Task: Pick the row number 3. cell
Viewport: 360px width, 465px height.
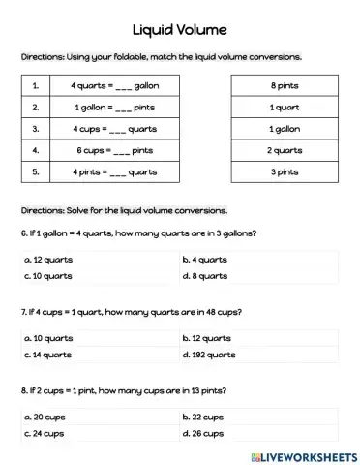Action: (x=37, y=129)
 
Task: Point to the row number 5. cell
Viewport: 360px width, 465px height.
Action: (x=37, y=172)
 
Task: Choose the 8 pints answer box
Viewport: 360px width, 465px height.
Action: (x=283, y=85)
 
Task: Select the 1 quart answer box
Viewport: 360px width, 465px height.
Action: (x=283, y=107)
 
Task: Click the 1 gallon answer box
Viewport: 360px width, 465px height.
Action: (x=283, y=129)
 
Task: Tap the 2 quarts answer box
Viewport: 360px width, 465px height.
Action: (x=283, y=150)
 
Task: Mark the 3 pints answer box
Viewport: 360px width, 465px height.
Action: (x=283, y=172)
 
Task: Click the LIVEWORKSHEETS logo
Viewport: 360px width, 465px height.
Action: (x=302, y=454)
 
